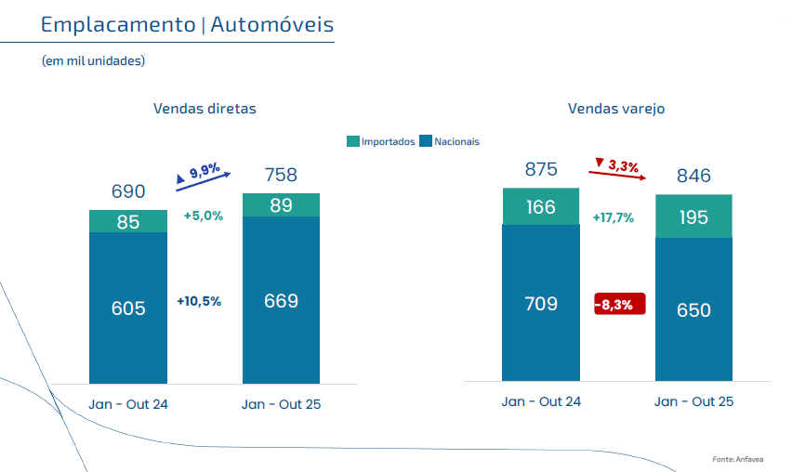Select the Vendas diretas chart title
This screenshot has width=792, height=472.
(205, 109)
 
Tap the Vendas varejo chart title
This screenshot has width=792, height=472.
(616, 109)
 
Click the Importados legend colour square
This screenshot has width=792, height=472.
(353, 141)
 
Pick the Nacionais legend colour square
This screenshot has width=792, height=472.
(427, 141)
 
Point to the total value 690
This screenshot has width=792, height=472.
(128, 191)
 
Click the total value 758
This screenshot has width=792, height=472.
(281, 175)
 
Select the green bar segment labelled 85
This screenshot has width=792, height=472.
(128, 221)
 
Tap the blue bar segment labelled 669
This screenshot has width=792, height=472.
(281, 300)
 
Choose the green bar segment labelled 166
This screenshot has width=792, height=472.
(540, 206)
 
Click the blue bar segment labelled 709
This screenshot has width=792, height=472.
(540, 303)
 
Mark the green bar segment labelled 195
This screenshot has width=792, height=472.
(693, 216)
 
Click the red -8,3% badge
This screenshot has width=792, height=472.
(619, 304)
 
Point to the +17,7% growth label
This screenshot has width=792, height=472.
(613, 217)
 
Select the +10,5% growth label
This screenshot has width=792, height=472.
(199, 301)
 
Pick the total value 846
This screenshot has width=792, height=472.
(693, 177)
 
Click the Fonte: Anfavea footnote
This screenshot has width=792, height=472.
(736, 459)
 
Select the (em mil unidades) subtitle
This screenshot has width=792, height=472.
(93, 60)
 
